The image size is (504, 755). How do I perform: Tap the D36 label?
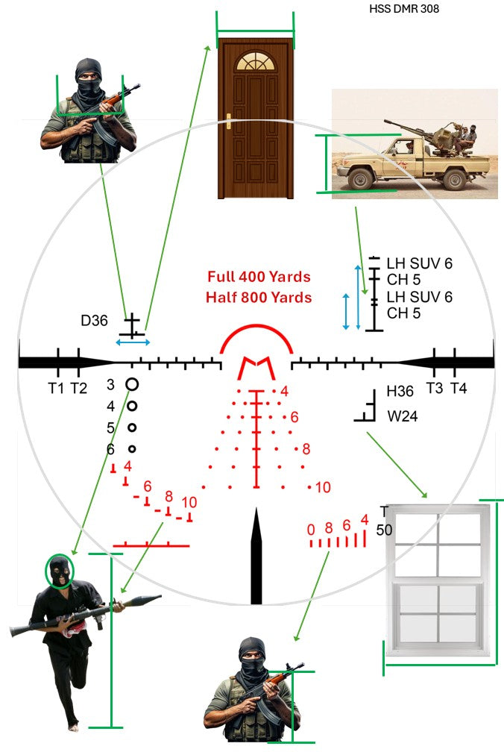tap(95, 322)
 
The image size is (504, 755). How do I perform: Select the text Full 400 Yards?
tap(259, 277)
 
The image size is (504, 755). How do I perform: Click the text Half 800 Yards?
tap(259, 297)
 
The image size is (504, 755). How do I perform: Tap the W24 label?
tap(402, 416)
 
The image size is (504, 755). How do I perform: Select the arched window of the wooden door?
tap(255, 62)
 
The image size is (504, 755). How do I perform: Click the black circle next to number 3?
tap(132, 384)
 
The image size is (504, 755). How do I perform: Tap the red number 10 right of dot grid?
tap(323, 488)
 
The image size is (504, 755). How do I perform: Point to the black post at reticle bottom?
tap(256, 556)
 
